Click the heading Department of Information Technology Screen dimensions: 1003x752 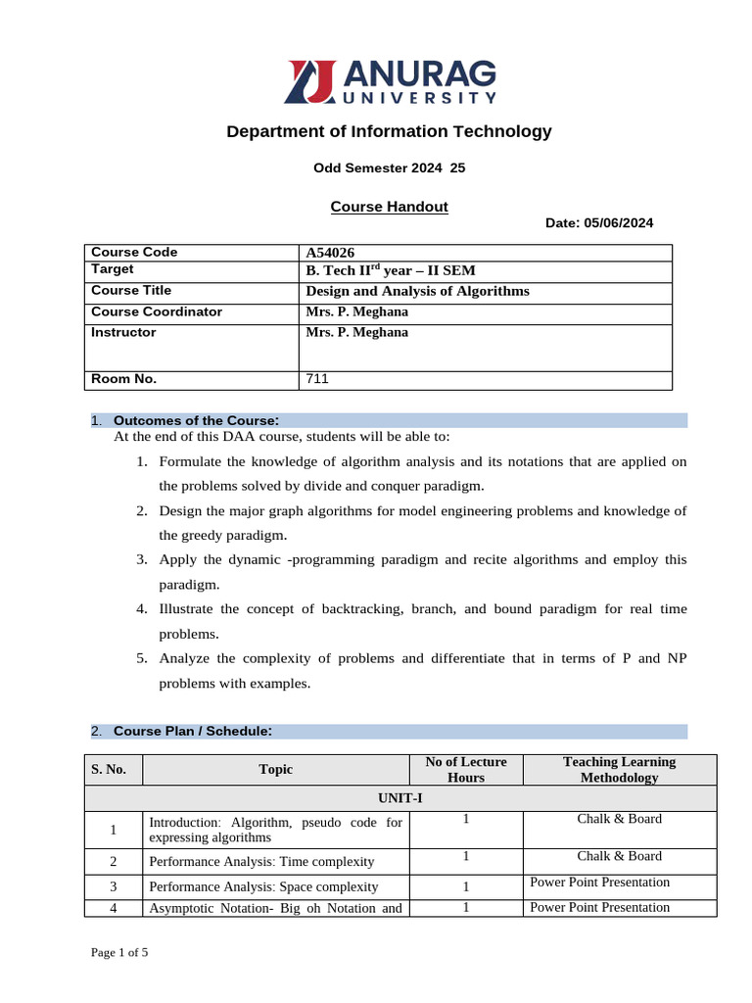click(x=389, y=131)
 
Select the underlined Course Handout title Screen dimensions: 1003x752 click(x=389, y=207)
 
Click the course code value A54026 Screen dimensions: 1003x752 click(x=330, y=253)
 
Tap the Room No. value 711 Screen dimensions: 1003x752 click(x=317, y=380)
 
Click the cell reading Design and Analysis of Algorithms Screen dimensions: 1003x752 click(x=417, y=291)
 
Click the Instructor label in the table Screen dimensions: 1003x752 click(x=123, y=333)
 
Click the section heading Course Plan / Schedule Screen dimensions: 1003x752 click(x=192, y=731)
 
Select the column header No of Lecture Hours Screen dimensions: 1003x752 click(x=465, y=770)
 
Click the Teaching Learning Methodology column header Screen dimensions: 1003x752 click(x=619, y=770)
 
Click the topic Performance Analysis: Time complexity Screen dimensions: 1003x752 click(x=261, y=862)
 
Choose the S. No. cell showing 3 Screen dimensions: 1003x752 click(x=114, y=887)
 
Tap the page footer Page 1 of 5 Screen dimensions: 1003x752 click(x=119, y=952)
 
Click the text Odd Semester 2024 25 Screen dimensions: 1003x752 click(x=389, y=167)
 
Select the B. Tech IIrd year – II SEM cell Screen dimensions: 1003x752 click(x=391, y=271)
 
